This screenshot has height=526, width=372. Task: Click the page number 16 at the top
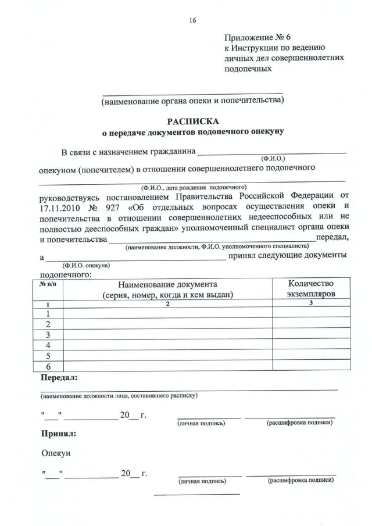[x=192, y=20]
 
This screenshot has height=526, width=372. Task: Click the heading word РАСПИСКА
[x=192, y=121]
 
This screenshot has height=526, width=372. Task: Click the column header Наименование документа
[x=167, y=284]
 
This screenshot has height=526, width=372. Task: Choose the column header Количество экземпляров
[x=311, y=289]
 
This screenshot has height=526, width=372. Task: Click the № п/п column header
[x=48, y=284]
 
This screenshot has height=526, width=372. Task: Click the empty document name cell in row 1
[x=167, y=314]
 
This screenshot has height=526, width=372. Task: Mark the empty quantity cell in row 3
[x=311, y=335]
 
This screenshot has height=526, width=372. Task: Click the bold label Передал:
[x=59, y=378]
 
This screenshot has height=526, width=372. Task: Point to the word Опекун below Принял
[x=57, y=452]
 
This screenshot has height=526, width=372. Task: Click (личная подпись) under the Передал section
[x=201, y=423]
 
